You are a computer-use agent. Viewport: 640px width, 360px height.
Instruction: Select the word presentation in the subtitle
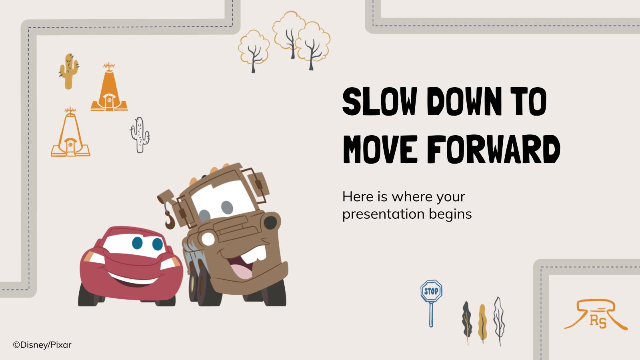click(383, 214)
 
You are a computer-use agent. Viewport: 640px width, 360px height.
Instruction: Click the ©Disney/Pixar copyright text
click(42, 344)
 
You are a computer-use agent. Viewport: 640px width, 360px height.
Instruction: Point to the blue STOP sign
click(431, 291)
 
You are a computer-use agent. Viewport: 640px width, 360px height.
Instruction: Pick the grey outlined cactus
click(140, 135)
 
